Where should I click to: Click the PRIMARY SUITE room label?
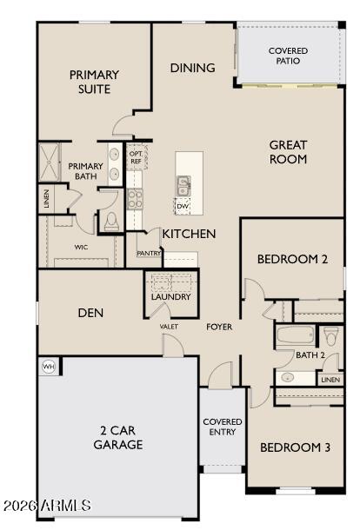pos(94,82)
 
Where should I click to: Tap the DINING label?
pos(192,68)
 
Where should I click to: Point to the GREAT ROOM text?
pos(288,152)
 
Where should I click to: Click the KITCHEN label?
pos(189,234)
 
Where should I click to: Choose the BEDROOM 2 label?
pos(292,259)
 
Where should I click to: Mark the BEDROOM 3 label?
pos(295,447)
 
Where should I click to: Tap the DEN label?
pos(91,313)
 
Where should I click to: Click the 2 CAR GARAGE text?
pos(118,437)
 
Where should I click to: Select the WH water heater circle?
pos(49,368)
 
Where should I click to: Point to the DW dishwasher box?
pos(182,206)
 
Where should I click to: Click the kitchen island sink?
pos(183,185)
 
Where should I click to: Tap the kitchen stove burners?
pos(136,198)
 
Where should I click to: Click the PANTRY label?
pos(147,253)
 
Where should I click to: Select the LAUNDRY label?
pos(170,297)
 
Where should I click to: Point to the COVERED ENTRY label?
pos(223,427)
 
